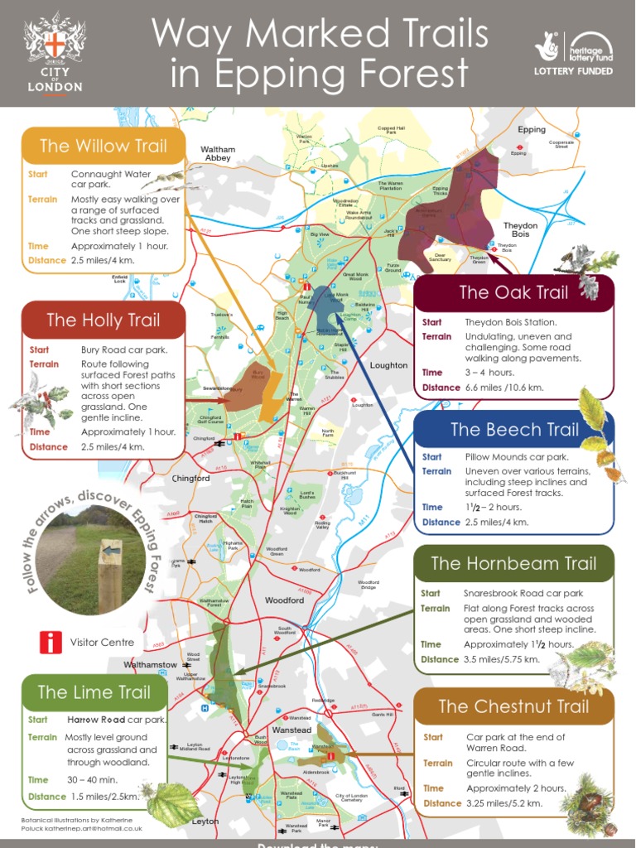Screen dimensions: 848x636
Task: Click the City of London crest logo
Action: (55, 41)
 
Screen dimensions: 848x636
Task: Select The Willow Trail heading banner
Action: (103, 147)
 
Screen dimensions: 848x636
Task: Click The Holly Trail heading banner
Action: (104, 320)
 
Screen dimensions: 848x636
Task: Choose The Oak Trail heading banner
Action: (513, 292)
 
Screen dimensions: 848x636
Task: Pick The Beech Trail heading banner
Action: (513, 430)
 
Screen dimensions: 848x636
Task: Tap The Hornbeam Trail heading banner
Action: (513, 564)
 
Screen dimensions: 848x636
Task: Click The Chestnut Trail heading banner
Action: (513, 706)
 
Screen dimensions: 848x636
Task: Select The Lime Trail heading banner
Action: (94, 692)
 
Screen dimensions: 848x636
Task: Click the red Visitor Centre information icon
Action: (51, 642)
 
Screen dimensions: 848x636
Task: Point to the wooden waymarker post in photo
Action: (109, 571)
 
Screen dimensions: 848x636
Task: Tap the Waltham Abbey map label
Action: (218, 154)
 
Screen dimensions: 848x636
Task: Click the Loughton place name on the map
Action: (388, 365)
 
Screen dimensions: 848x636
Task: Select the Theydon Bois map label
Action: (520, 229)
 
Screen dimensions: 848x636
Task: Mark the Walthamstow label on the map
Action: (150, 665)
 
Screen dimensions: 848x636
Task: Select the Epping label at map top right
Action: (532, 130)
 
